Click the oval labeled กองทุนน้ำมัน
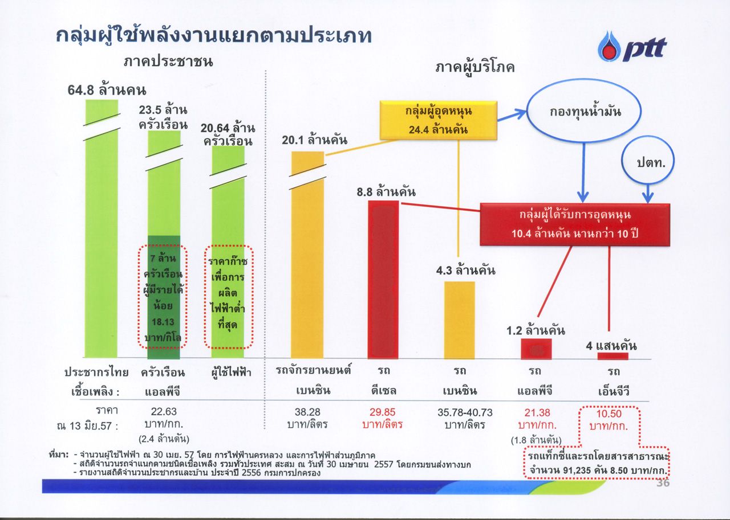click(x=583, y=111)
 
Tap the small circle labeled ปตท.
click(x=647, y=161)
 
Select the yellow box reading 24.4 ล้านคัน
click(x=439, y=120)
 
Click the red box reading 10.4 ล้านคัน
click(x=575, y=224)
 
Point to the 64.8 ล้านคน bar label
click(x=107, y=90)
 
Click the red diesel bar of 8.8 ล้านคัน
click(x=383, y=280)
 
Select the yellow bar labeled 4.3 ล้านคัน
click(x=460, y=320)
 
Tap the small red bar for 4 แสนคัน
click(x=613, y=356)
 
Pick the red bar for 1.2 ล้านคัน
click(x=536, y=349)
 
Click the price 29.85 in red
click(x=382, y=412)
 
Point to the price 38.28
click(x=307, y=412)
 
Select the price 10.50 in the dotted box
click(x=609, y=413)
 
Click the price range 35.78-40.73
click(x=465, y=412)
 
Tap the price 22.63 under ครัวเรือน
click(x=164, y=412)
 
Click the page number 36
click(x=663, y=483)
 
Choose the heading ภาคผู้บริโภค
click(x=474, y=68)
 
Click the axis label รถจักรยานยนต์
click(x=313, y=371)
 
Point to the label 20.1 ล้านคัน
click(x=314, y=140)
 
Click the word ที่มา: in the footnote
click(x=58, y=455)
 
